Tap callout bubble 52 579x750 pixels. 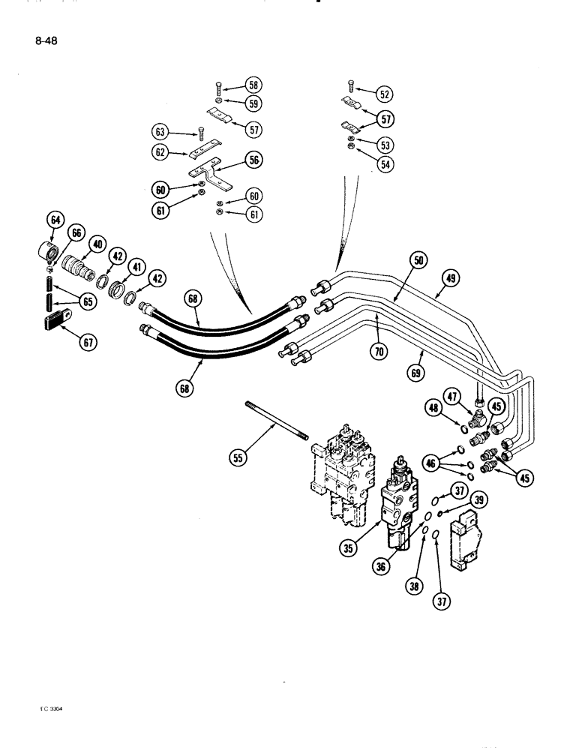point(385,94)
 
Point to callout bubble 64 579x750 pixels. point(54,220)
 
